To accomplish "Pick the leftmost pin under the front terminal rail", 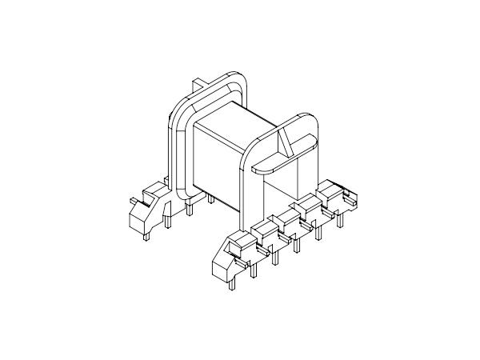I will (x=230, y=280).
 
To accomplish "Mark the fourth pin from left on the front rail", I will (x=297, y=245).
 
